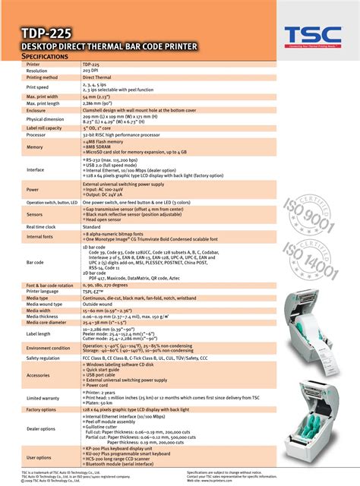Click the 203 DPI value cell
(x=92, y=71)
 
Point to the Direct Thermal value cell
(x=99, y=77)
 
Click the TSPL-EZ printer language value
(x=96, y=291)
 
